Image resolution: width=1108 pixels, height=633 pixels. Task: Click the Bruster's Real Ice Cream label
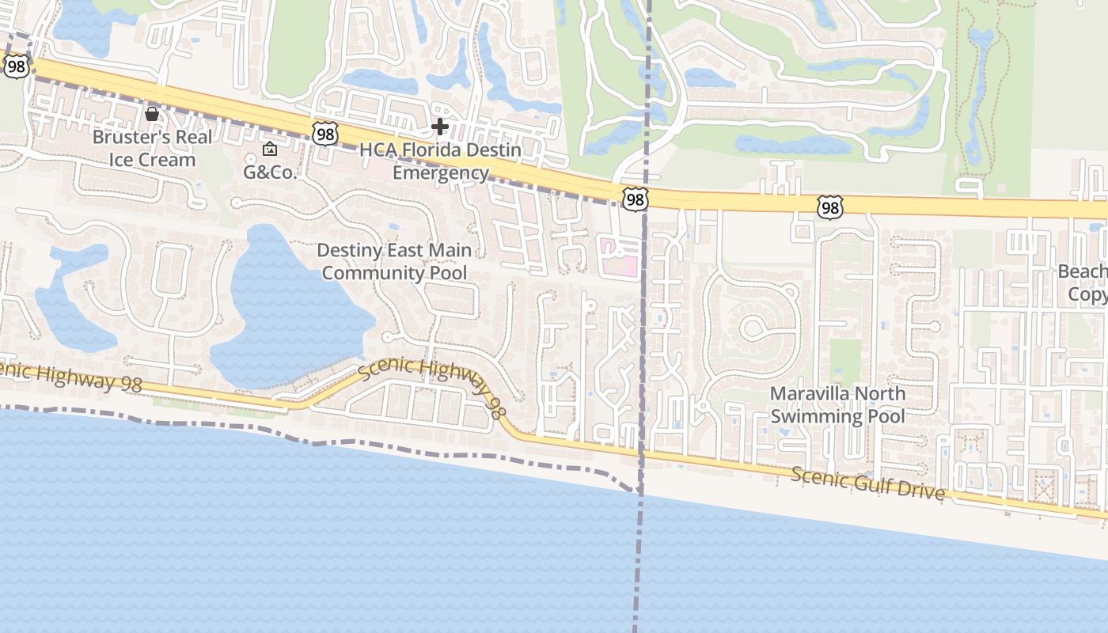pos(152,148)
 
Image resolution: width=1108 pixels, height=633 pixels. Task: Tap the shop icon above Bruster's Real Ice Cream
pos(152,114)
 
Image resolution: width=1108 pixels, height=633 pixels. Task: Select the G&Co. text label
pos(269,172)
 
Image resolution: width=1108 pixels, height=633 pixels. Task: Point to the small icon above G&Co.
pos(270,149)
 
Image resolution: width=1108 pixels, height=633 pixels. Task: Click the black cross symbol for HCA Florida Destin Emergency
pos(440,126)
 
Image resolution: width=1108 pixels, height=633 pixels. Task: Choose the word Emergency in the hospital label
pos(441,172)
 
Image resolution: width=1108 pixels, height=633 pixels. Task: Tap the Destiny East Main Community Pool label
pos(394,262)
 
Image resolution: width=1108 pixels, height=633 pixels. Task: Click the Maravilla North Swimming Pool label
pos(838,404)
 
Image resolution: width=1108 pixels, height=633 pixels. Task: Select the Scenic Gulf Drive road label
pos(867,483)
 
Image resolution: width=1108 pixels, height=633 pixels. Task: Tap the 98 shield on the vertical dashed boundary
pos(635,199)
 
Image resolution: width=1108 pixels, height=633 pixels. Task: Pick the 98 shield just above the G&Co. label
pos(324,134)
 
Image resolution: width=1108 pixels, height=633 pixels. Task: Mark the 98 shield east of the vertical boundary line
pos(829,207)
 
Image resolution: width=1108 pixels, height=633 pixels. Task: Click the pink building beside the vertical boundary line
pos(619,258)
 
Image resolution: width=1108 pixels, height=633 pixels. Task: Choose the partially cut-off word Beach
pos(1083,272)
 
